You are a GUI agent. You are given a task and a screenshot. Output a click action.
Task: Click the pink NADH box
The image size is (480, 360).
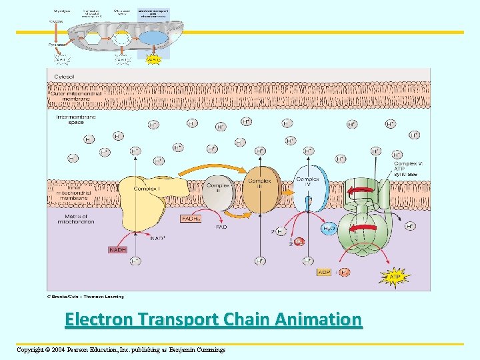click(117, 250)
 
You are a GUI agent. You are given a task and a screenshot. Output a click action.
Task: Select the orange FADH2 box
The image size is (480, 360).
click(191, 219)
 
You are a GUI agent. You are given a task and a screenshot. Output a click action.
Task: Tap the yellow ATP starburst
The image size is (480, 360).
click(395, 276)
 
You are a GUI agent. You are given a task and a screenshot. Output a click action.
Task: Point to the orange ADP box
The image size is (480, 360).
click(324, 272)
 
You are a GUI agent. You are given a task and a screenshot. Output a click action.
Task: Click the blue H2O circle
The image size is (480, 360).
click(329, 229)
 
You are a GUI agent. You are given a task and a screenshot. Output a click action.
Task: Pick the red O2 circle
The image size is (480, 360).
click(299, 242)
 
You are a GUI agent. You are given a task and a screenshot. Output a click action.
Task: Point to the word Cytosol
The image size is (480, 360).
click(65, 77)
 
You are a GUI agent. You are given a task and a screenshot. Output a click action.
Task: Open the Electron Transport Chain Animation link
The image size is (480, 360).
click(213, 320)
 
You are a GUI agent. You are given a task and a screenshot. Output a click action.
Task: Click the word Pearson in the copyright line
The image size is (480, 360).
click(85, 349)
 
